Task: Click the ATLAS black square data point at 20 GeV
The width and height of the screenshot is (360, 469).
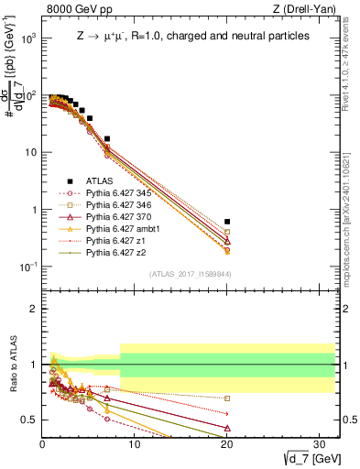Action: [x=227, y=222]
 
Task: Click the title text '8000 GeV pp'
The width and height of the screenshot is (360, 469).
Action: [x=73, y=10]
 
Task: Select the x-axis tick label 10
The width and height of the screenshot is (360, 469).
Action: [x=135, y=443]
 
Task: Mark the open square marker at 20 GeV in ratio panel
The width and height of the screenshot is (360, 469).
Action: [x=227, y=398]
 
